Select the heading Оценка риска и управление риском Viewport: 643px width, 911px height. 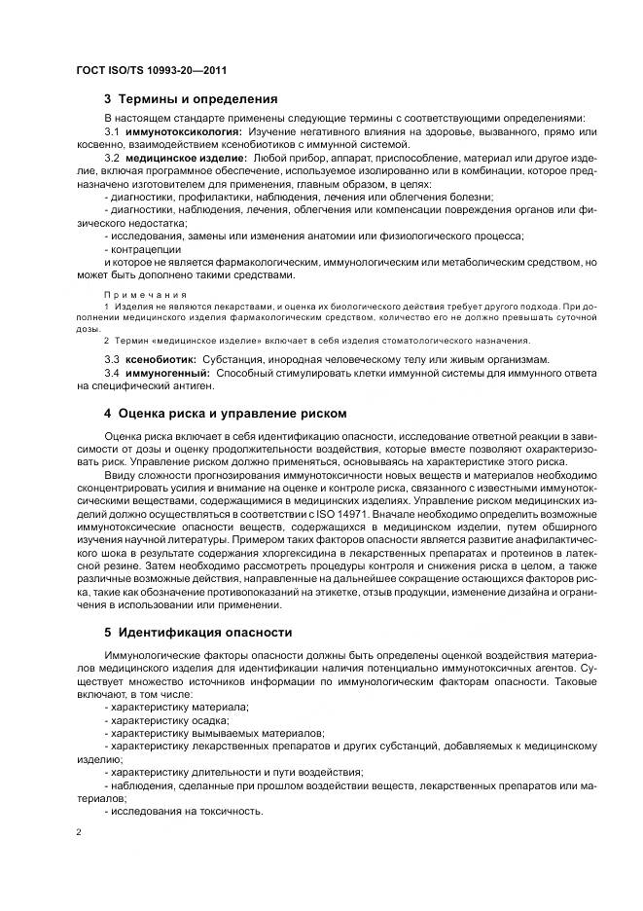tap(226, 413)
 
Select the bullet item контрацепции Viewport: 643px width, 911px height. tap(146, 249)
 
